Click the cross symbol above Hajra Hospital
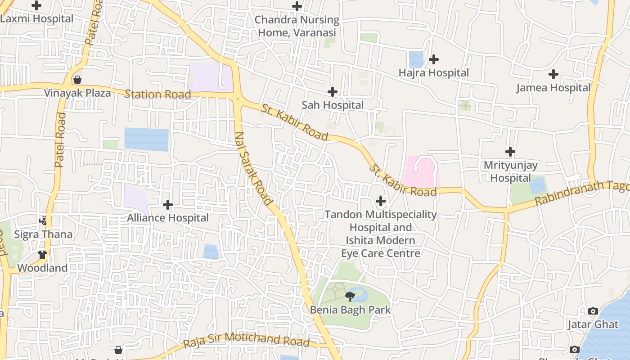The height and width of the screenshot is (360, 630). (x=434, y=59)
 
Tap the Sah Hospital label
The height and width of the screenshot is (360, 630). (x=333, y=105)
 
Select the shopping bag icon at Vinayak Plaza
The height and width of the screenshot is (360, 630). (x=77, y=80)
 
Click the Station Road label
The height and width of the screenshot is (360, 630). (x=157, y=94)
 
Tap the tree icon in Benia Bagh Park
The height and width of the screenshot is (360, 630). (x=350, y=296)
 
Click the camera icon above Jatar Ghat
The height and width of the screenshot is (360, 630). (x=593, y=311)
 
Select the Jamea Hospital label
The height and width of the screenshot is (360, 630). (x=553, y=88)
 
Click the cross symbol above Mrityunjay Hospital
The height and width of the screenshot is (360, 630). (x=510, y=152)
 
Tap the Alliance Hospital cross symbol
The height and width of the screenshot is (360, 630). (x=168, y=205)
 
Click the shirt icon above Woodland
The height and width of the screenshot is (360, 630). (x=42, y=255)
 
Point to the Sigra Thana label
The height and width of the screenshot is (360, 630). (x=43, y=234)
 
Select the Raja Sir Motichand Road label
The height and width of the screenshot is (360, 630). (x=247, y=340)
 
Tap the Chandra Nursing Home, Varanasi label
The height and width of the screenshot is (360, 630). (x=297, y=26)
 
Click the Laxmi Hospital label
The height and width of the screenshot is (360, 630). (x=37, y=19)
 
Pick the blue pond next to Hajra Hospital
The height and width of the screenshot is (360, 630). (x=416, y=59)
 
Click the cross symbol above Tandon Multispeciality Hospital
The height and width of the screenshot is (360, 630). (x=381, y=201)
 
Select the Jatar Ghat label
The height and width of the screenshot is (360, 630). (x=593, y=324)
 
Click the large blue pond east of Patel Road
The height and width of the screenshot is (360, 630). (x=146, y=139)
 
